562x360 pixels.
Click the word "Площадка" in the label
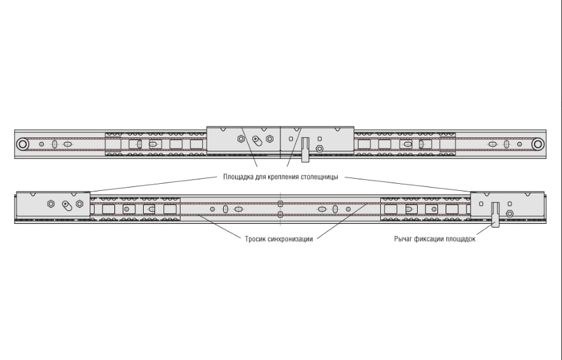click(237, 176)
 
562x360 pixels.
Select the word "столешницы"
click(319, 176)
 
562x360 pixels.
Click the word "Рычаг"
click(404, 239)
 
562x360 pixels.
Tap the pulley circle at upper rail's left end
click(23, 144)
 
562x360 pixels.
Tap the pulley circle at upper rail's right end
click(538, 144)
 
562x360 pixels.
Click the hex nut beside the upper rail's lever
click(319, 148)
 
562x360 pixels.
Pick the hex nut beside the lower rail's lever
click(509, 214)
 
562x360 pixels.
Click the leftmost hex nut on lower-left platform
click(50, 204)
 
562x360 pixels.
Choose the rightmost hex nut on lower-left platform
click(79, 204)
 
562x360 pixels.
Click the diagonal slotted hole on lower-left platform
click(65, 205)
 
